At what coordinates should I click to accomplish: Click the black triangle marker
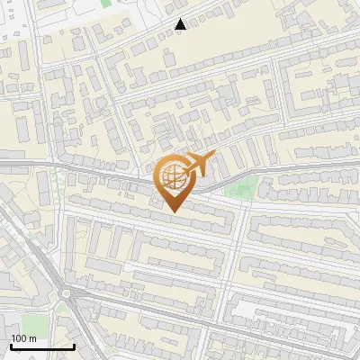pyautogui.click(x=181, y=24)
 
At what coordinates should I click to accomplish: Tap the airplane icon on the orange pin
pyautogui.click(x=195, y=165)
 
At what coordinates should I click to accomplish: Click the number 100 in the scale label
pyautogui.click(x=19, y=338)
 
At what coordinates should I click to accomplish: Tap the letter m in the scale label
pyautogui.click(x=31, y=338)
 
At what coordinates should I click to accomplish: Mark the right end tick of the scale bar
pyautogui.click(x=75, y=345)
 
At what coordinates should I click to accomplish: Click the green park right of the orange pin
pyautogui.click(x=240, y=188)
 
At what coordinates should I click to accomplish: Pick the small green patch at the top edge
pyautogui.click(x=105, y=3)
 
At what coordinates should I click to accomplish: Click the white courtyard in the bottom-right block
pyautogui.click(x=261, y=310)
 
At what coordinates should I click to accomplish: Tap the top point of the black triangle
pyautogui.click(x=181, y=19)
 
